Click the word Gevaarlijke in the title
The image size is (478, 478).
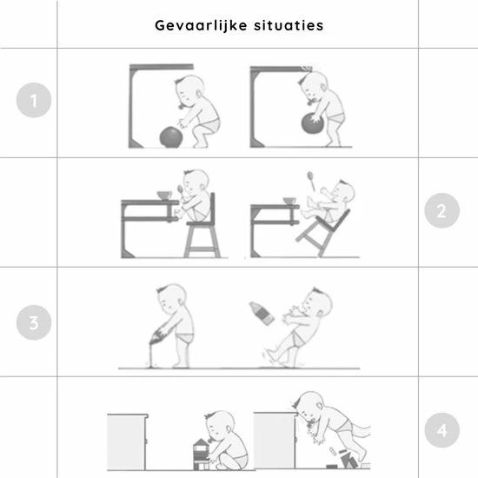tap(201, 25)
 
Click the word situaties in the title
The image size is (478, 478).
tap(289, 25)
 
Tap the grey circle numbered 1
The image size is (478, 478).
tap(34, 100)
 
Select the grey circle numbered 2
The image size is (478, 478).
tap(442, 210)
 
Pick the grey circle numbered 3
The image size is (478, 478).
tap(34, 322)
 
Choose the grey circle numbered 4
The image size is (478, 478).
tap(442, 430)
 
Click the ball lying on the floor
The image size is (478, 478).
tap(171, 137)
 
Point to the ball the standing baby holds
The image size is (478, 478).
tap(313, 123)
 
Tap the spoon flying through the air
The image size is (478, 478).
tap(311, 181)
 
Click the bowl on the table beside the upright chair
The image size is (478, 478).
tap(164, 195)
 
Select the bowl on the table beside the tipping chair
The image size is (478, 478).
tap(289, 201)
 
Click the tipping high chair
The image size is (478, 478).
tap(323, 233)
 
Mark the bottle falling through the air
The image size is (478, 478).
tap(262, 313)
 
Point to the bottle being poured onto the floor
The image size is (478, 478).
tap(159, 335)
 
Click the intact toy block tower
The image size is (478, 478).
tap(201, 455)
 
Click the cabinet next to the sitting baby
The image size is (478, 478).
tap(128, 441)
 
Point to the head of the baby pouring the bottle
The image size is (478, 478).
tap(171, 299)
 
